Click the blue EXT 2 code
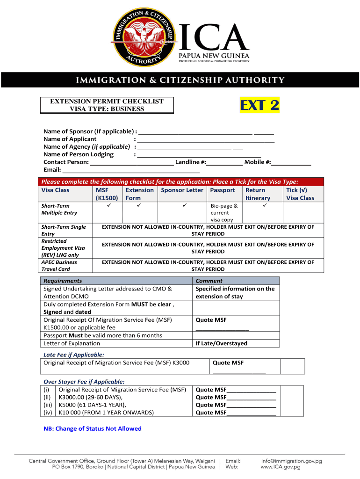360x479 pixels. [x=259, y=105]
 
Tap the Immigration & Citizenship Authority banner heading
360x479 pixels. [x=180, y=80]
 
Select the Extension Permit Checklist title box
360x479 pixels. [x=107, y=105]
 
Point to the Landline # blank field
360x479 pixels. [x=224, y=162]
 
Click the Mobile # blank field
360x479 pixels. [x=291, y=162]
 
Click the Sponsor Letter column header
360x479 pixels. [x=182, y=190]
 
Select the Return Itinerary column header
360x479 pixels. [x=258, y=194]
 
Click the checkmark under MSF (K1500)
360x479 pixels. [x=108, y=206]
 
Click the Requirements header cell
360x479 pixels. [x=63, y=281]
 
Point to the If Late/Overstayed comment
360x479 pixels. [x=221, y=343]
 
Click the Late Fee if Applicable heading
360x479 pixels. [x=73, y=355]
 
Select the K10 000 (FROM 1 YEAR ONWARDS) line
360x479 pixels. [x=106, y=413]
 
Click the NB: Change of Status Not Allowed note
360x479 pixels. [x=92, y=428]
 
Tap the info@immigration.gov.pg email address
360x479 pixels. [x=291, y=461]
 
